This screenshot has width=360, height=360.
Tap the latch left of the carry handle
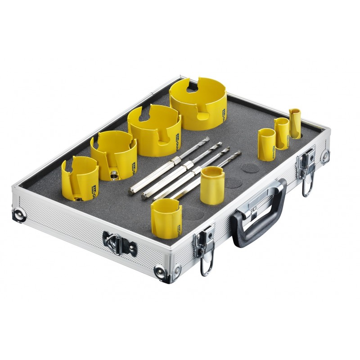pos(205,243)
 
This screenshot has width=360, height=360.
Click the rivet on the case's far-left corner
pos(18,214)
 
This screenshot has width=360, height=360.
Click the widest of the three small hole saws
pos(266,143)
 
